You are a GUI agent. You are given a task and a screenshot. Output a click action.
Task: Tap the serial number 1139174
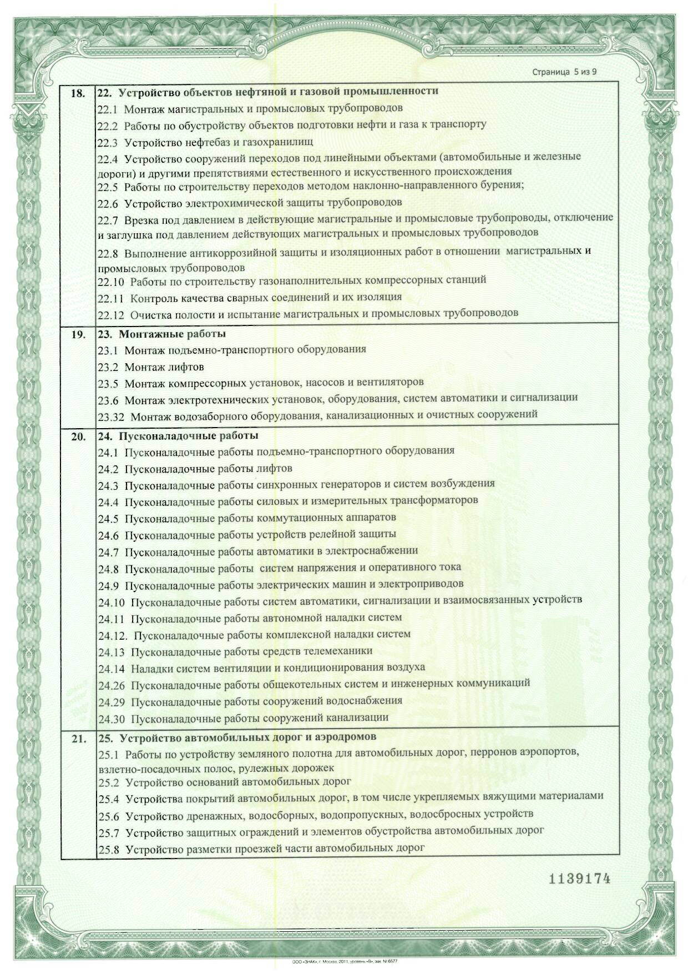click(579, 878)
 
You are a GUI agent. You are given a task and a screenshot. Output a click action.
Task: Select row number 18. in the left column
click(78, 93)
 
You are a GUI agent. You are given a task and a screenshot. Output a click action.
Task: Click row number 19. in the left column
click(78, 335)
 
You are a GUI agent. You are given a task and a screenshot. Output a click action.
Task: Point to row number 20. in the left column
click(78, 437)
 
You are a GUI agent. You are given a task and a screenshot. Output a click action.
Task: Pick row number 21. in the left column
click(78, 739)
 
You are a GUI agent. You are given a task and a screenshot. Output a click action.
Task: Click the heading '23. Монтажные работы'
click(161, 334)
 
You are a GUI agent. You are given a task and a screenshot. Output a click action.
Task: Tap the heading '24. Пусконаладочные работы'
click(178, 436)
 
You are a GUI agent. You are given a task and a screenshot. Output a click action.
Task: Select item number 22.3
click(108, 143)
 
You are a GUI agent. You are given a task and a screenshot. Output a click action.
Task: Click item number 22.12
click(110, 314)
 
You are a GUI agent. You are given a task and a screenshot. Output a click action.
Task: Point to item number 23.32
click(111, 415)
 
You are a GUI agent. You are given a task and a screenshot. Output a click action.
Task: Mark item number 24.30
click(112, 719)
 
